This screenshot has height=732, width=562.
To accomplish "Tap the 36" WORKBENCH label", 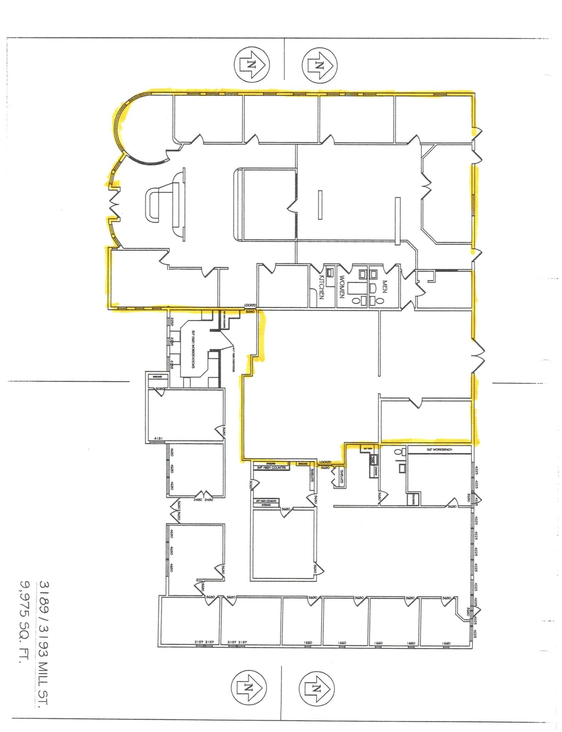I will [x=439, y=449].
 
